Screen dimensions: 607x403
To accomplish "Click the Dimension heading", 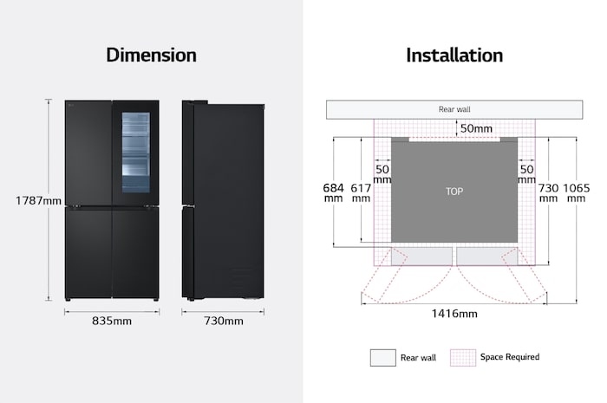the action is tap(152, 55).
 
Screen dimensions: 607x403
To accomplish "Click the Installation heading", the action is tap(454, 55).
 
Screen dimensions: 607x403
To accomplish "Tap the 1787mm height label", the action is tap(38, 201).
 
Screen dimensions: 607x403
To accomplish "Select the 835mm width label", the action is tap(112, 321).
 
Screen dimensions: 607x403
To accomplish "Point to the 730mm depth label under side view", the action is tap(224, 321).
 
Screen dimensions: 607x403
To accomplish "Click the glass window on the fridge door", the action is tap(136, 153).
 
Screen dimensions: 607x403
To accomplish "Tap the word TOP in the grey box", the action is tap(454, 192).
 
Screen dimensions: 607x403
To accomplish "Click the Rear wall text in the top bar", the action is tap(454, 109).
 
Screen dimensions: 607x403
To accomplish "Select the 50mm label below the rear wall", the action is tap(476, 128).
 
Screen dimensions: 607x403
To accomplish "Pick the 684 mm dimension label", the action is tap(333, 193).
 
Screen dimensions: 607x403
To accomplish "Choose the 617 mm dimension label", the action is tap(361, 193).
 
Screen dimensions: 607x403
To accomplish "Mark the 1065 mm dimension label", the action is tap(576, 193).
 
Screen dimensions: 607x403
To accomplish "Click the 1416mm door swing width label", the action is tap(454, 313).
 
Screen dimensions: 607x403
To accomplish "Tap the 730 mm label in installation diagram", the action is tap(548, 193).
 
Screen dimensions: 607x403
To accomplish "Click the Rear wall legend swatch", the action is tap(383, 358).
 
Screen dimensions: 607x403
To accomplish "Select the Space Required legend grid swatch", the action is tap(463, 358).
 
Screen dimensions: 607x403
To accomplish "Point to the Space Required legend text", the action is tap(510, 357).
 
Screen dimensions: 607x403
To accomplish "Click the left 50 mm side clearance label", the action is tap(382, 174).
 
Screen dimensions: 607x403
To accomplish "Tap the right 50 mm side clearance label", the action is tap(526, 174).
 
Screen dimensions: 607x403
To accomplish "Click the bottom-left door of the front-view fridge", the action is tap(88, 253).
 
